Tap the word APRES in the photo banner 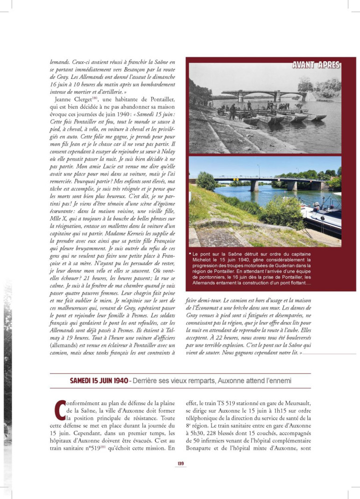pos(329,65)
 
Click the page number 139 pos(180,463)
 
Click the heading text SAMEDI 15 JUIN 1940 pos(99,381)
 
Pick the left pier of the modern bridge pos(254,186)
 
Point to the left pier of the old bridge pos(241,98)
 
